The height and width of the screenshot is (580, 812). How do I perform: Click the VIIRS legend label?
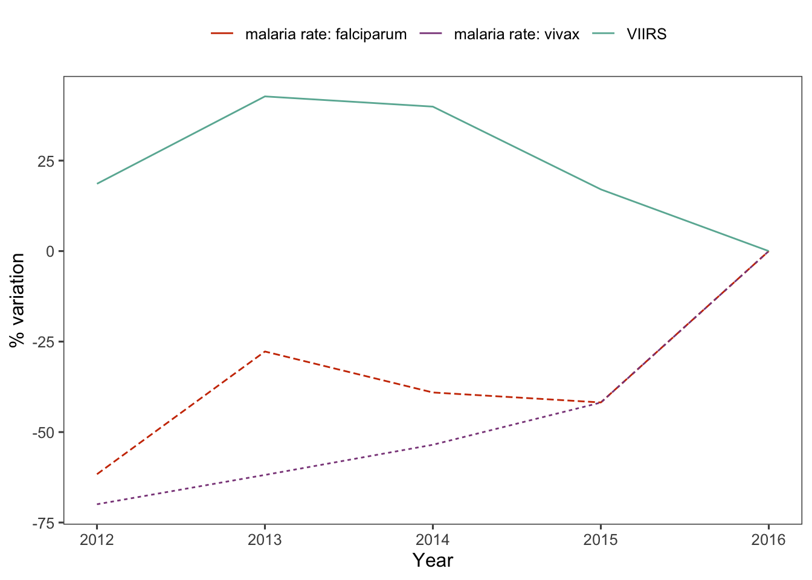646,34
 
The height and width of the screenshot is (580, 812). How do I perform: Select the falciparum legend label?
326,34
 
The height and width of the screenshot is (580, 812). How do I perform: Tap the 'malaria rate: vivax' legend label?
516,34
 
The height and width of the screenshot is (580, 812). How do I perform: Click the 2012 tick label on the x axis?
97,540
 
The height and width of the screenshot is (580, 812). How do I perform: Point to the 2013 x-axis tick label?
265,540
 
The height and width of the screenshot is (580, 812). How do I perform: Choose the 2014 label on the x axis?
433,540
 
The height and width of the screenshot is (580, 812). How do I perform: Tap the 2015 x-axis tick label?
601,540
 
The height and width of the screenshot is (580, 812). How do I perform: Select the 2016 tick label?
768,540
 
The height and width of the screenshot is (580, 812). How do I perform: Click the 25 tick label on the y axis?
47,161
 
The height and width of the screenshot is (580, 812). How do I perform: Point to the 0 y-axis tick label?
51,251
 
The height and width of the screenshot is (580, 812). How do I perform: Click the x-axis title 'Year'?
433,561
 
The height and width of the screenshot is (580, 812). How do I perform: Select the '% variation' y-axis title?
17,300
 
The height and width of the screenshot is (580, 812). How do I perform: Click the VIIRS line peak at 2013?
265,97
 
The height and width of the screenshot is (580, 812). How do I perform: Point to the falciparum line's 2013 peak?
265,351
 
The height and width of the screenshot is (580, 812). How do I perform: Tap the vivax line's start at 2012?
97,504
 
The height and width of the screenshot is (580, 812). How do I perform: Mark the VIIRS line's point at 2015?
601,190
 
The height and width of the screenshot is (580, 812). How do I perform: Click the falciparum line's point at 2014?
433,392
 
